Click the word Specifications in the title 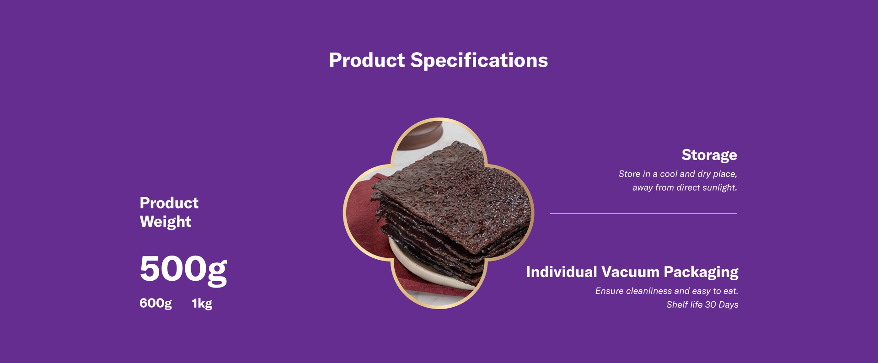click(x=479, y=60)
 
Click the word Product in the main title click(x=367, y=60)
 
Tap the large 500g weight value click(x=183, y=269)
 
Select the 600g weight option click(x=155, y=304)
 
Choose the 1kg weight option click(x=202, y=304)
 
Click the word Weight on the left click(x=166, y=222)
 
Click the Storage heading click(x=709, y=155)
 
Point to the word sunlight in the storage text click(x=719, y=187)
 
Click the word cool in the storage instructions click(x=669, y=174)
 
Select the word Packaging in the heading click(x=701, y=272)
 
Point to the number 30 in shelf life click(x=711, y=304)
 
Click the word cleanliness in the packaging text click(x=649, y=291)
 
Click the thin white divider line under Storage click(x=643, y=214)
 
